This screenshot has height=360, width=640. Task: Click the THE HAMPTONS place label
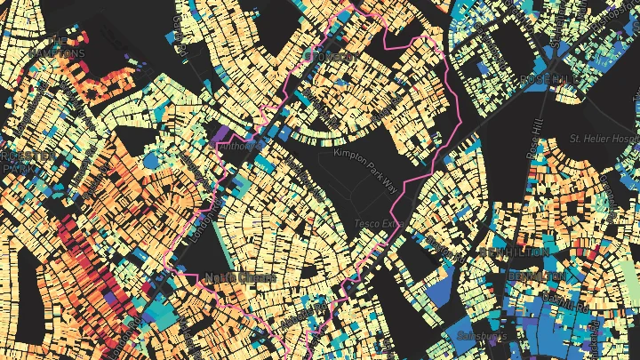click(58, 47)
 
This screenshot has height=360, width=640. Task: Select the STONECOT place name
click(332, 57)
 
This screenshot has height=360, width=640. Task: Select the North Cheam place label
click(240, 278)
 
